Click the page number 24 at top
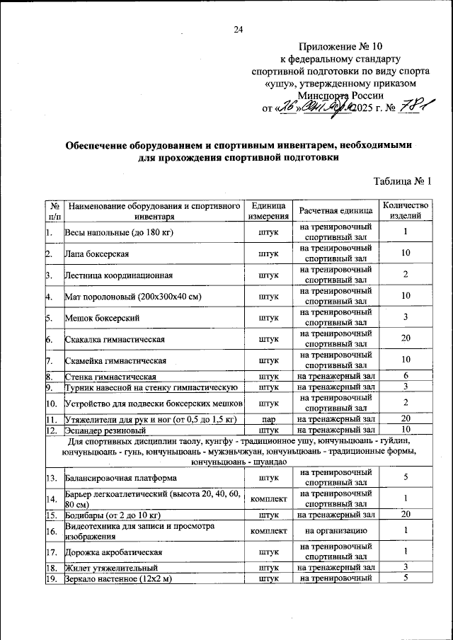point(238,29)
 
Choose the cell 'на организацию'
point(335,530)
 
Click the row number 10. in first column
point(52,403)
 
